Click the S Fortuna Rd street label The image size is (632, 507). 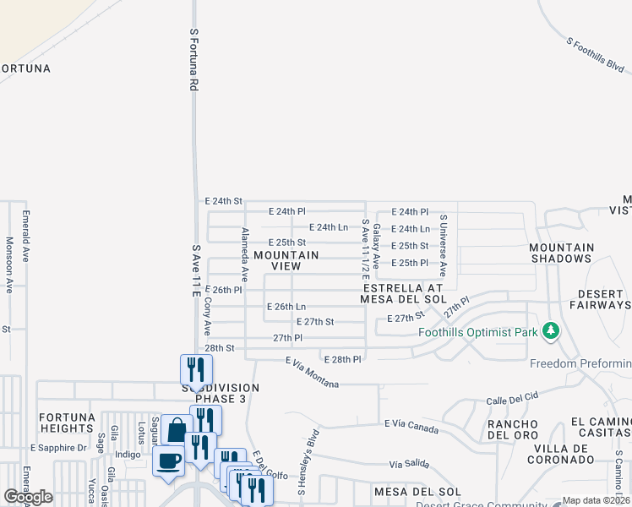(193, 59)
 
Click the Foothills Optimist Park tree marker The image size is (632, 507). (551, 330)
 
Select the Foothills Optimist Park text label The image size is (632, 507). (478, 332)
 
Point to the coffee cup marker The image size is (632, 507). (168, 462)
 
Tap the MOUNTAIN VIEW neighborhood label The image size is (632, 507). (286, 260)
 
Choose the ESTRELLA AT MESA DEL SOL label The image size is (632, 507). (414, 292)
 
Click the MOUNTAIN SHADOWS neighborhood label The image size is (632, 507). (561, 253)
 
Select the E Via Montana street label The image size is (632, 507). (312, 373)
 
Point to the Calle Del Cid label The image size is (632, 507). (512, 397)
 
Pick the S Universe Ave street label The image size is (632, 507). (442, 246)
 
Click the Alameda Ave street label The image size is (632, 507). (244, 254)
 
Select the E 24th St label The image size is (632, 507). (224, 201)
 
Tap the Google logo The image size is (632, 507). (29, 497)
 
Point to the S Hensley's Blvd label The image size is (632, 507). (307, 460)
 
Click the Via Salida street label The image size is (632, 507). (409, 465)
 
